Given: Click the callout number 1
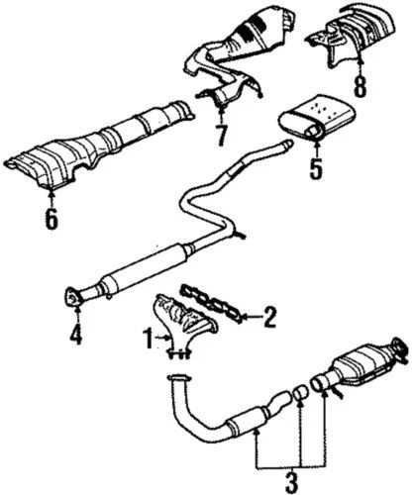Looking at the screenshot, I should click(x=149, y=339).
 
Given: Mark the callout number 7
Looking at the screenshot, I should click(x=221, y=131).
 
